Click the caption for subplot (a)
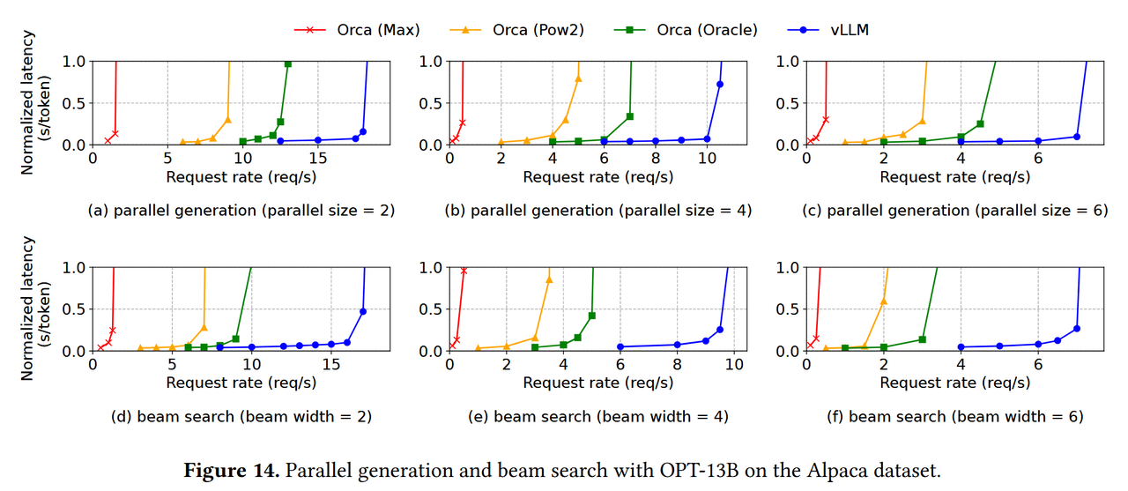241,211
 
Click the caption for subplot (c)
954,211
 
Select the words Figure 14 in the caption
231,470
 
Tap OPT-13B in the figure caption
685,470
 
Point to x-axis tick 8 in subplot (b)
656,160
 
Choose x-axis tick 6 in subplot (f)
1038,366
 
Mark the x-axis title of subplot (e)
597,383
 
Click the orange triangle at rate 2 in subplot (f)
884,301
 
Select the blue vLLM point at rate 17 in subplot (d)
362,311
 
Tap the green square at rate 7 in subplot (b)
629,116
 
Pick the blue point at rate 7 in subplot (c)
1077,137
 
